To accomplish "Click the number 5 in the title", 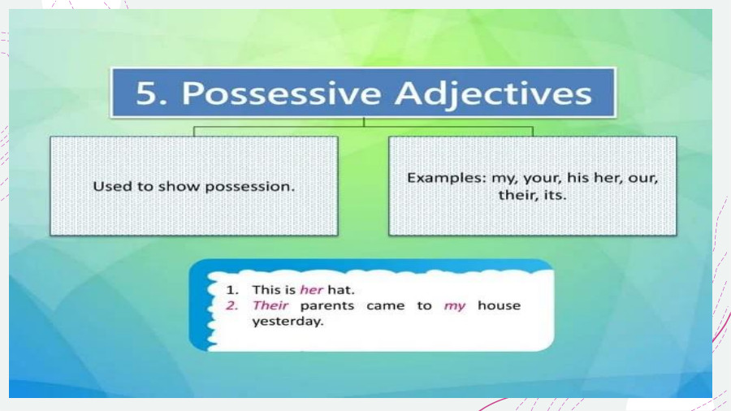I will pos(147,93).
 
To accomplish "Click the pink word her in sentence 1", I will pos(311,289).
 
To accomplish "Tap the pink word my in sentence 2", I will pos(455,306).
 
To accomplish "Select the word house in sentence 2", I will pos(499,305).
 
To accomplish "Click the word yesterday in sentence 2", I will pos(288,321).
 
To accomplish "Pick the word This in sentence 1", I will pos(266,289).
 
